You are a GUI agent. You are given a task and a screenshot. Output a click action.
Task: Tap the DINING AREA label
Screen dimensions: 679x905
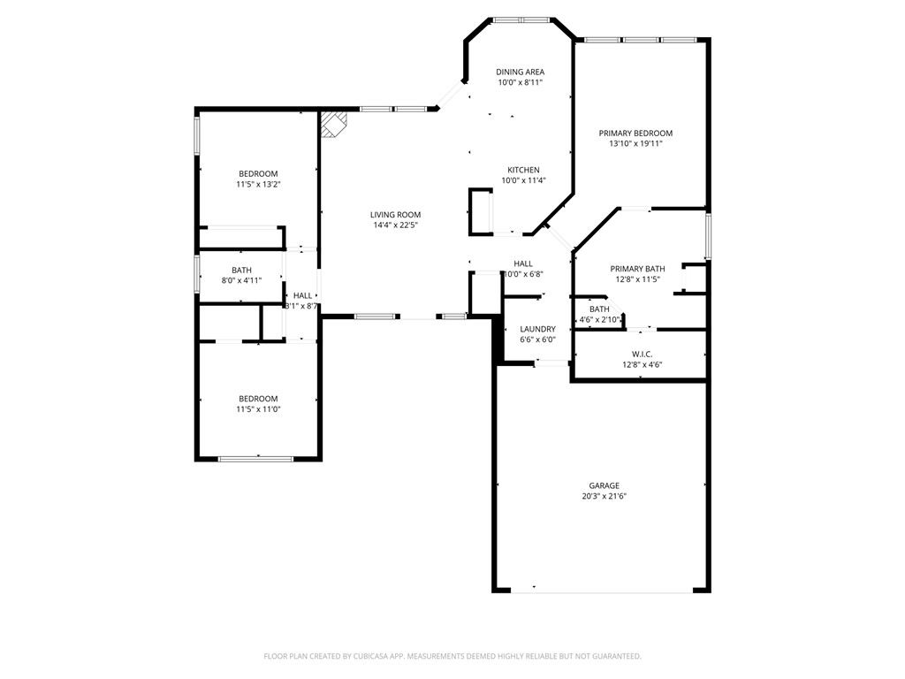click(x=520, y=72)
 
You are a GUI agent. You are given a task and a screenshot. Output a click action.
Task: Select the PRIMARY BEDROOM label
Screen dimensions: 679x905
click(x=635, y=133)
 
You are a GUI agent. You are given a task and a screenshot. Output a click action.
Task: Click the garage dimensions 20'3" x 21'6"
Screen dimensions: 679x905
click(x=605, y=497)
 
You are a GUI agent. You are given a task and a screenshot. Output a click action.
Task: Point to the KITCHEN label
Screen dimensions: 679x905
click(x=523, y=170)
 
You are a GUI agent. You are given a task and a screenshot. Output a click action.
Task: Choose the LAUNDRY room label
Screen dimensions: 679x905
click(x=537, y=329)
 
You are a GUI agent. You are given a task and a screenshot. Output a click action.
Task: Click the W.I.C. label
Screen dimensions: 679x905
click(x=642, y=354)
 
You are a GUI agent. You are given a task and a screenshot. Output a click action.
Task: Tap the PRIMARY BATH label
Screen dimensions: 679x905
click(x=637, y=269)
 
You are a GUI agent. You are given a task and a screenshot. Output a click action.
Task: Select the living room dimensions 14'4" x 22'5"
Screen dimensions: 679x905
click(x=395, y=225)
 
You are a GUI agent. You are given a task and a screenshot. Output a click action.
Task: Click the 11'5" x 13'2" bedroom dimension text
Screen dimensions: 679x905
click(x=258, y=185)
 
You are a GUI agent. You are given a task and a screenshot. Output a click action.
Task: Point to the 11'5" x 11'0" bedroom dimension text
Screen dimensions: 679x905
click(x=258, y=409)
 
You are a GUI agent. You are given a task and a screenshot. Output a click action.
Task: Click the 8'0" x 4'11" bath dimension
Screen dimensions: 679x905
click(x=242, y=281)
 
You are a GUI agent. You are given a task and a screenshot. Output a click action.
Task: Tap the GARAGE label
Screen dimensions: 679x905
click(x=605, y=485)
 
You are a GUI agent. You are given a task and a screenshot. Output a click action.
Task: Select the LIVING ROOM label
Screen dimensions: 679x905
click(x=395, y=214)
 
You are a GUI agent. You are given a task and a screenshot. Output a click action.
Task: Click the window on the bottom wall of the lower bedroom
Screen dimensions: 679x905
click(x=256, y=458)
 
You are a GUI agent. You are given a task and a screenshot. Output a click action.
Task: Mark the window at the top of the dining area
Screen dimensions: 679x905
click(x=520, y=19)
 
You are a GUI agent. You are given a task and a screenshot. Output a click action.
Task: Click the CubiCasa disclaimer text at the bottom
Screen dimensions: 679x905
click(x=452, y=656)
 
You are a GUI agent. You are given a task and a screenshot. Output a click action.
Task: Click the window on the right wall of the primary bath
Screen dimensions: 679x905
click(x=707, y=236)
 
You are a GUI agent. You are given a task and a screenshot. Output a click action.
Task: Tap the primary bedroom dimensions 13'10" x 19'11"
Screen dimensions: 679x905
click(x=635, y=143)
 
